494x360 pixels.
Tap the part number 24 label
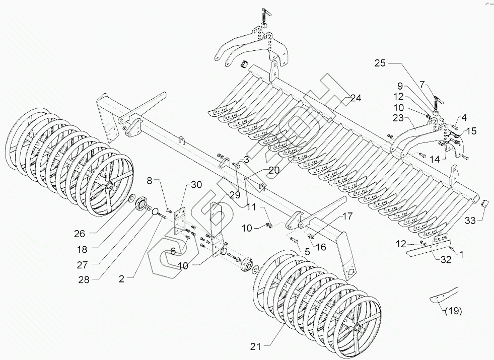356,98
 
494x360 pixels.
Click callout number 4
464,117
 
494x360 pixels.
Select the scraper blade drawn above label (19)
445,294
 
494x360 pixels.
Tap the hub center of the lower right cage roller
359,329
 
